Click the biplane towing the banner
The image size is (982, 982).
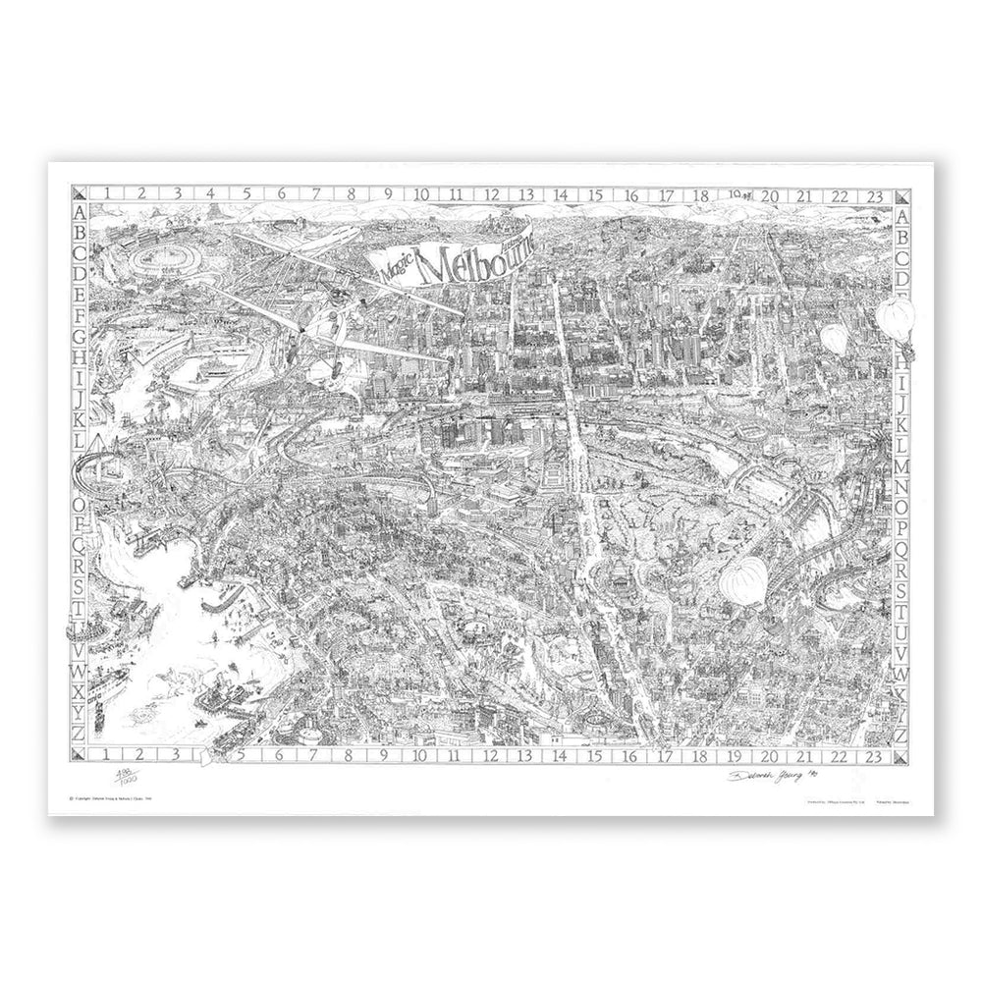pyautogui.click(x=314, y=295)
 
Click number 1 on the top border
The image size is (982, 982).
pyautogui.click(x=105, y=195)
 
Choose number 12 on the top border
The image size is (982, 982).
pyautogui.click(x=489, y=195)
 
